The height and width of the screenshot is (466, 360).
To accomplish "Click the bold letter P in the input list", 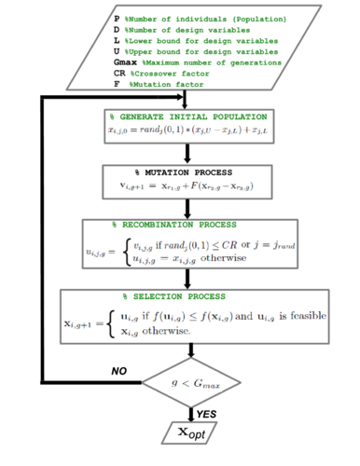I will (117, 18).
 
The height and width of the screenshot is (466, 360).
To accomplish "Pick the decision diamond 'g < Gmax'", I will (192, 382).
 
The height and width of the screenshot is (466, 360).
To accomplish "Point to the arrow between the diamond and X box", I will (193, 410).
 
